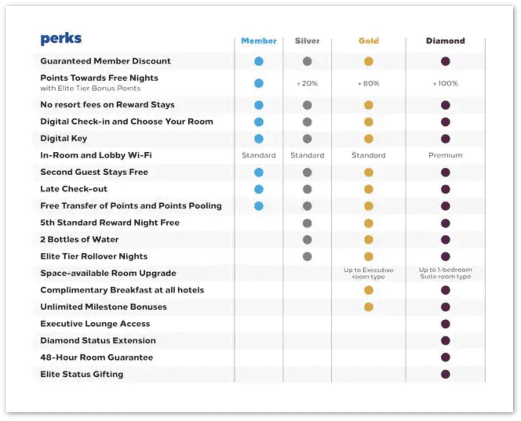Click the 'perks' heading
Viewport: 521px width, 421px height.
click(61, 38)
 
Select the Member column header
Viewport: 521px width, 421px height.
click(259, 41)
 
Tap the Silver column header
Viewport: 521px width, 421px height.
click(307, 41)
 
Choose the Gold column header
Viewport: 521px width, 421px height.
click(368, 41)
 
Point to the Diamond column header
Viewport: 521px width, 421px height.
click(445, 41)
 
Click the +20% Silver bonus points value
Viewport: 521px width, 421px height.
click(308, 83)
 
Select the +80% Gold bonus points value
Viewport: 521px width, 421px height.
click(369, 83)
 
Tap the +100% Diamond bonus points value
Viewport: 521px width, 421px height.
click(445, 83)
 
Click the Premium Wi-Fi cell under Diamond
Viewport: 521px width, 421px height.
click(445, 155)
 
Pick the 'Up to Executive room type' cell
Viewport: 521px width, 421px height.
click(368, 273)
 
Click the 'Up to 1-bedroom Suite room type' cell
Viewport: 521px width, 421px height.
click(445, 273)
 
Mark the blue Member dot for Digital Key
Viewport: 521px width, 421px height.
click(259, 139)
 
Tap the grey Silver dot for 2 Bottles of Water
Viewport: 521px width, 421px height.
click(307, 240)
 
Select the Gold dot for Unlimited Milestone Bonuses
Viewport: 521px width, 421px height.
click(368, 307)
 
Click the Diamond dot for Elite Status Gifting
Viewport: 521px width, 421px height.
click(445, 374)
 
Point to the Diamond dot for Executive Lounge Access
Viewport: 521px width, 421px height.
click(445, 324)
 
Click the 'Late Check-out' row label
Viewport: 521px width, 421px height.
click(74, 189)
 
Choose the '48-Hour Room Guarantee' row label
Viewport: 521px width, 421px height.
click(97, 357)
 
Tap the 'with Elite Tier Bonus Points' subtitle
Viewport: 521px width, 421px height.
click(90, 88)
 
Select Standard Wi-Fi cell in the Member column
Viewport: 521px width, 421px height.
click(259, 155)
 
